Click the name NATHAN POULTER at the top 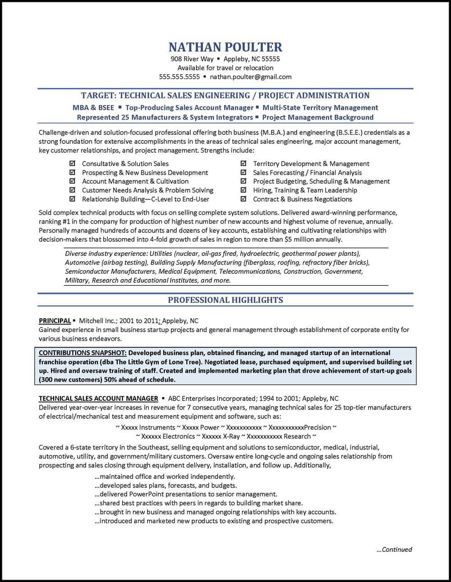(225, 47)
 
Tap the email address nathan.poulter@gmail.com (250, 77)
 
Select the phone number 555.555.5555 (179, 77)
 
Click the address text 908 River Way (192, 59)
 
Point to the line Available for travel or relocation (225, 68)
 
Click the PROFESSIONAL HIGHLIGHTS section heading (225, 300)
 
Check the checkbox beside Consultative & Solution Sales (72, 164)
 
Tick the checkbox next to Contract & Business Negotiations (244, 199)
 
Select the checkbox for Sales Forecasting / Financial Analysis (244, 172)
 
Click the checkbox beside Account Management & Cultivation (72, 181)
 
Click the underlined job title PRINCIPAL (55, 321)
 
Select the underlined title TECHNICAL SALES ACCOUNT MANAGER (98, 399)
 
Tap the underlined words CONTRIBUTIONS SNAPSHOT (82, 353)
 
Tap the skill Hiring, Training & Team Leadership (305, 190)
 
